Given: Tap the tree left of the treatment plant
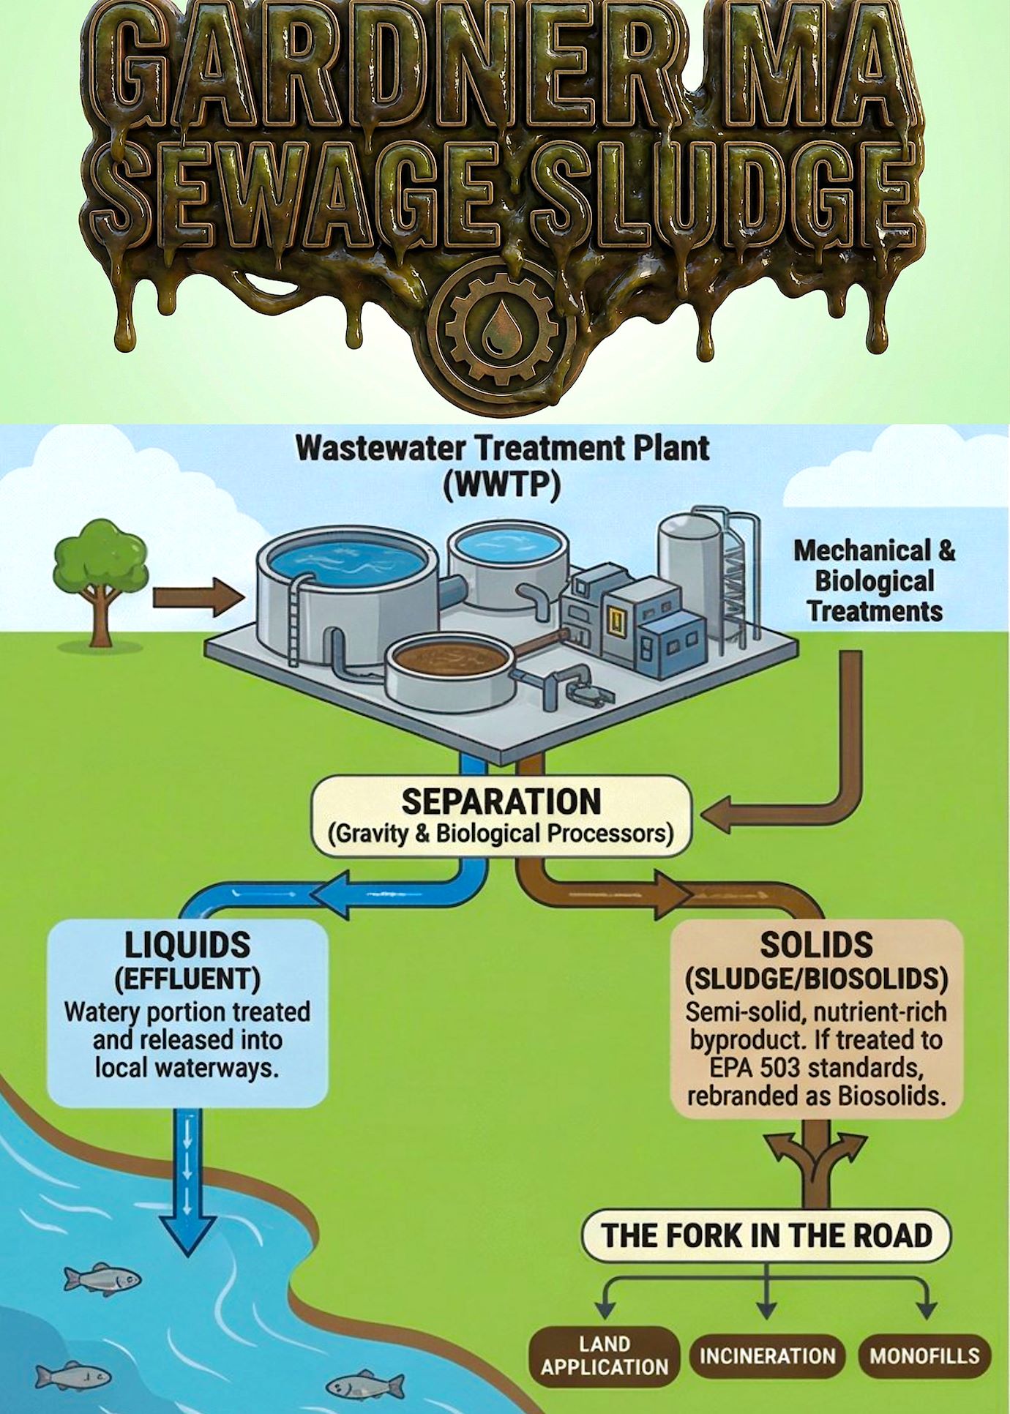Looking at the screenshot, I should click(101, 579).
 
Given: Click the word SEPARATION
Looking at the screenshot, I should click(501, 801).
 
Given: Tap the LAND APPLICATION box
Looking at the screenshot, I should click(605, 1355).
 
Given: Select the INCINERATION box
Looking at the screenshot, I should click(767, 1355).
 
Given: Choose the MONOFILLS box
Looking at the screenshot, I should click(924, 1355).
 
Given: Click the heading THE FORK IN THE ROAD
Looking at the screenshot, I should click(766, 1235).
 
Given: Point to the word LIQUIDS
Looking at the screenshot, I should click(187, 946).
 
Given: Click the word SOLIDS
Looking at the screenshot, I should click(816, 945).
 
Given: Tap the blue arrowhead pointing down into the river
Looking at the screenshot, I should click(189, 1237).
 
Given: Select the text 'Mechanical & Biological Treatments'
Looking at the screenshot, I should click(875, 580).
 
